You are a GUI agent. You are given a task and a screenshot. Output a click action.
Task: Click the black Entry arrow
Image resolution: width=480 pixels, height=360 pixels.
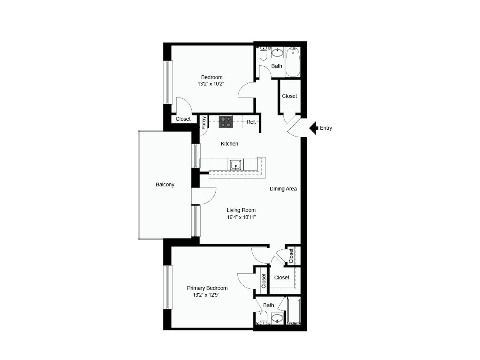pyautogui.click(x=313, y=128)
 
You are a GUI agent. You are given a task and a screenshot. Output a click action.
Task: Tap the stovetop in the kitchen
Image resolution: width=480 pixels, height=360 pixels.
pyautogui.click(x=226, y=122)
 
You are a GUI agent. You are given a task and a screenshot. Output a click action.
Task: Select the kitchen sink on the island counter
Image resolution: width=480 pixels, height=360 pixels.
pyautogui.click(x=235, y=165)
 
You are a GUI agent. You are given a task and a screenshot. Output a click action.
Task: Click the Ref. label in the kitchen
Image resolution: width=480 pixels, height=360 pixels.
pyautogui.click(x=251, y=122)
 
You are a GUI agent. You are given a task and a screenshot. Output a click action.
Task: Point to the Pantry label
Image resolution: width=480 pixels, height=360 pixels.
pyautogui.click(x=204, y=123)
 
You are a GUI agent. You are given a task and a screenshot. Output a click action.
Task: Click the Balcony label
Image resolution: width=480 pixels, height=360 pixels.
pyautogui.click(x=165, y=185)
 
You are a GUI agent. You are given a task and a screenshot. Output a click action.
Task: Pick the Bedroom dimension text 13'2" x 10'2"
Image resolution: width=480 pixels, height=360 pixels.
pyautogui.click(x=211, y=84)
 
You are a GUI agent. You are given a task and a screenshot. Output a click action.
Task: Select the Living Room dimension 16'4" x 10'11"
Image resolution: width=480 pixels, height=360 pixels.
pyautogui.click(x=241, y=217)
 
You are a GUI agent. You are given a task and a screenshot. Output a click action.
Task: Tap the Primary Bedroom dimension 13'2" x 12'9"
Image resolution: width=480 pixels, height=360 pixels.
pyautogui.click(x=206, y=295)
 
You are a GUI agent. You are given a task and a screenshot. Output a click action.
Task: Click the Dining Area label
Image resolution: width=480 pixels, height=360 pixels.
pyautogui.click(x=283, y=189)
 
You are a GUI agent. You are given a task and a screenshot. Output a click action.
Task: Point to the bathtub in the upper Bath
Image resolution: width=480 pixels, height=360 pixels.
pyautogui.click(x=293, y=61)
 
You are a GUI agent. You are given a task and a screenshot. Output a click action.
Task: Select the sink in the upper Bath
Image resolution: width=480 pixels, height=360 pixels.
pyautogui.click(x=277, y=52)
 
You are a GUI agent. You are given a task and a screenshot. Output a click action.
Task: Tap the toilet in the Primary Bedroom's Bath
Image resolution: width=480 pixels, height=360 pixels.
pyautogui.click(x=263, y=318)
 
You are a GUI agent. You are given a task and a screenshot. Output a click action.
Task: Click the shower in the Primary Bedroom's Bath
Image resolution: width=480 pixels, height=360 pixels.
pyautogui.click(x=294, y=310)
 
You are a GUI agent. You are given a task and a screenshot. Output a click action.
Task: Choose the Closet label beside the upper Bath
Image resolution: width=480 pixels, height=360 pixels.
pyautogui.click(x=289, y=96)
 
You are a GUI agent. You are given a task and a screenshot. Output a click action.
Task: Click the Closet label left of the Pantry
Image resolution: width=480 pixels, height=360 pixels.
pyautogui.click(x=183, y=119)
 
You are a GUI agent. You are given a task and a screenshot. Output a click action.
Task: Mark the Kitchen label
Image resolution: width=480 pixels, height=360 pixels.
pyautogui.click(x=229, y=144)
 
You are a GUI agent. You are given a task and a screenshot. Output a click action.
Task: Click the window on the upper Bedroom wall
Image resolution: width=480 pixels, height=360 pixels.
pyautogui.click(x=168, y=82)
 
